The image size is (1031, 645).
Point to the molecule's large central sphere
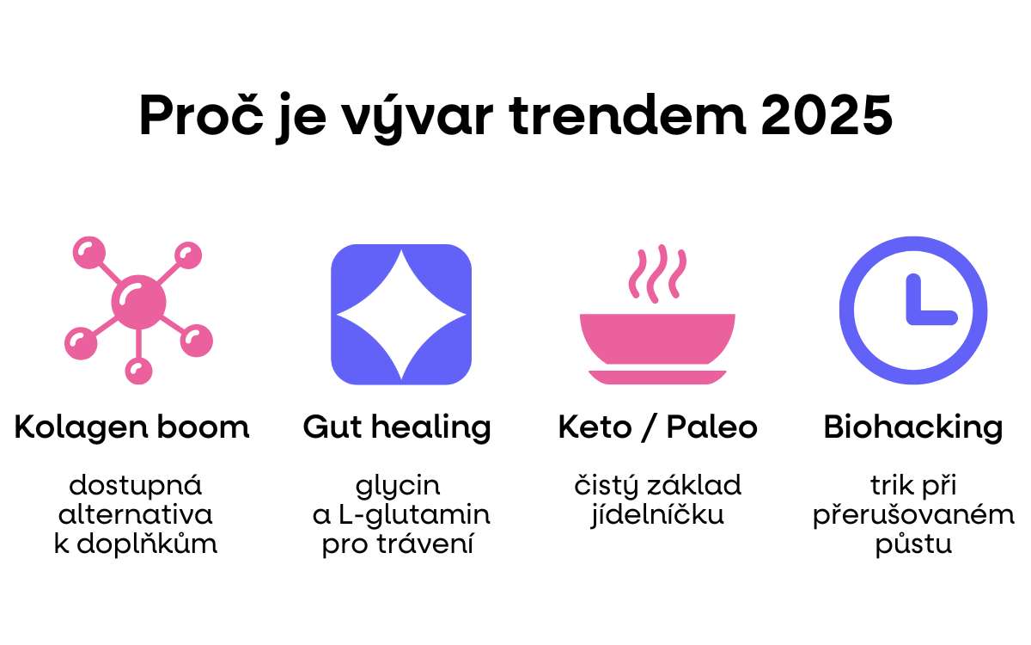138,300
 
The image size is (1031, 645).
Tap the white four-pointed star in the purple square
401,315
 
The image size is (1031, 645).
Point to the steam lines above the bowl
656,273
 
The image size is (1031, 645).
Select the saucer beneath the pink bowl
656,376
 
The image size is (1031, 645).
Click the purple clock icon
913,310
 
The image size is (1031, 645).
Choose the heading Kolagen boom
131,427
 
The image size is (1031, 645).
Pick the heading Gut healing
397,427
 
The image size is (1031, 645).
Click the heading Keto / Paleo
657,427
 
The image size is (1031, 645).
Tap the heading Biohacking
912,427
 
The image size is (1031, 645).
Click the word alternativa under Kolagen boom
135,514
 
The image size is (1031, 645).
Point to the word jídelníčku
657,515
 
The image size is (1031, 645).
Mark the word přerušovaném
913,515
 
